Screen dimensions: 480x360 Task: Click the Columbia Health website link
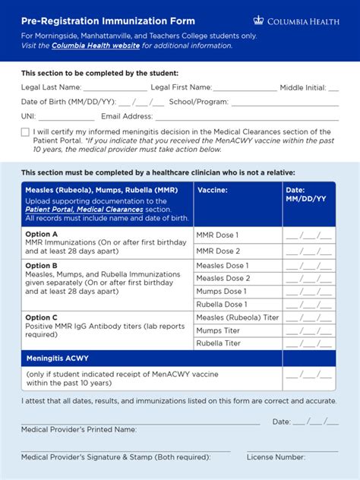(96, 46)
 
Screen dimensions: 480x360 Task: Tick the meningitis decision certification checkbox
(25, 132)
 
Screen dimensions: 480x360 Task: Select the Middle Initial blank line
(333, 88)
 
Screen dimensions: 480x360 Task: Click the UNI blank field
(66, 117)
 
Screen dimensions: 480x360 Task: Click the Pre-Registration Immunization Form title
(108, 21)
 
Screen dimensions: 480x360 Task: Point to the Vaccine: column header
(213, 190)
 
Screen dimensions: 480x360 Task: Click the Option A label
(42, 234)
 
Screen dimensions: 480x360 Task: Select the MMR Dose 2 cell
(218, 251)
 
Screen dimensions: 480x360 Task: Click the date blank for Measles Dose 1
(308, 266)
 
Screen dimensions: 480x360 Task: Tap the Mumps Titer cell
(219, 330)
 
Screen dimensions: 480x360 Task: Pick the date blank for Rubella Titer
(308, 343)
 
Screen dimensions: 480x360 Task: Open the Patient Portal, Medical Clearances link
(84, 210)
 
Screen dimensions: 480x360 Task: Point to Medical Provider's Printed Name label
(79, 429)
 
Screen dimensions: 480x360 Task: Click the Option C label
(42, 317)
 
